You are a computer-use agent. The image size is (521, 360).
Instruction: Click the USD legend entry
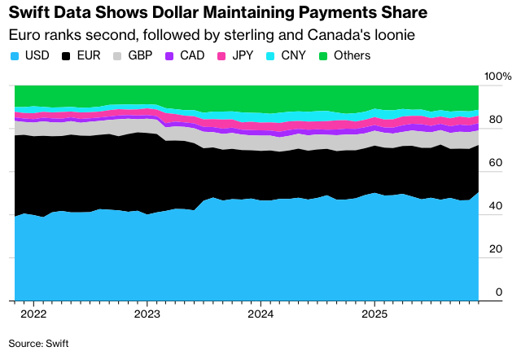click(x=31, y=55)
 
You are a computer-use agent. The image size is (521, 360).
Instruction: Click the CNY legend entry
click(x=297, y=55)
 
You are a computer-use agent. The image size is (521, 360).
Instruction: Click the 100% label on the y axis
click(x=497, y=77)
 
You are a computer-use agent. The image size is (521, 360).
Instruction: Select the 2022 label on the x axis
click(x=33, y=314)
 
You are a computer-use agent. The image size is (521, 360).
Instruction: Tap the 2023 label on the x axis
click(x=147, y=314)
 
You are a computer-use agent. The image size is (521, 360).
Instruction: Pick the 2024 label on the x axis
click(x=260, y=314)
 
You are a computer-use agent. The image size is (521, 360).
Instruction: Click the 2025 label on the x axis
click(x=374, y=314)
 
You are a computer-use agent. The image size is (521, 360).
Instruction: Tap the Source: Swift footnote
click(x=39, y=344)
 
